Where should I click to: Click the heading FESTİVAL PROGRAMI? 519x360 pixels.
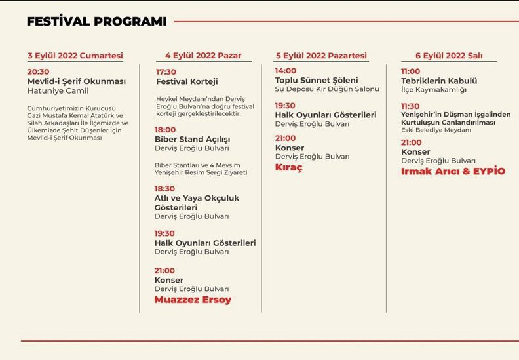[96, 22]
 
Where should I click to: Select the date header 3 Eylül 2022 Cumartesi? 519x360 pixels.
[75, 56]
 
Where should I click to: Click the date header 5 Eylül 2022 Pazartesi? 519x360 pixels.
[321, 56]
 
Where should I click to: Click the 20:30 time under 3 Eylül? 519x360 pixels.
[38, 71]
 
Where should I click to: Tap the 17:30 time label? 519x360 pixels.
[166, 71]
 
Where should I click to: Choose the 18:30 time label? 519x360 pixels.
[164, 188]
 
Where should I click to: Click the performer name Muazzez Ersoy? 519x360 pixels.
[193, 300]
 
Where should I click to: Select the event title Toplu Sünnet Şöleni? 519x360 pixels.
[317, 80]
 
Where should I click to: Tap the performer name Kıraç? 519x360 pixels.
[288, 167]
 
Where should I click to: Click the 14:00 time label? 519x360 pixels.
[286, 70]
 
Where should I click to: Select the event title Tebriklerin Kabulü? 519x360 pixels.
[438, 81]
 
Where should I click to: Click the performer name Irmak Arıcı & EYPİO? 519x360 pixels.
[453, 171]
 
